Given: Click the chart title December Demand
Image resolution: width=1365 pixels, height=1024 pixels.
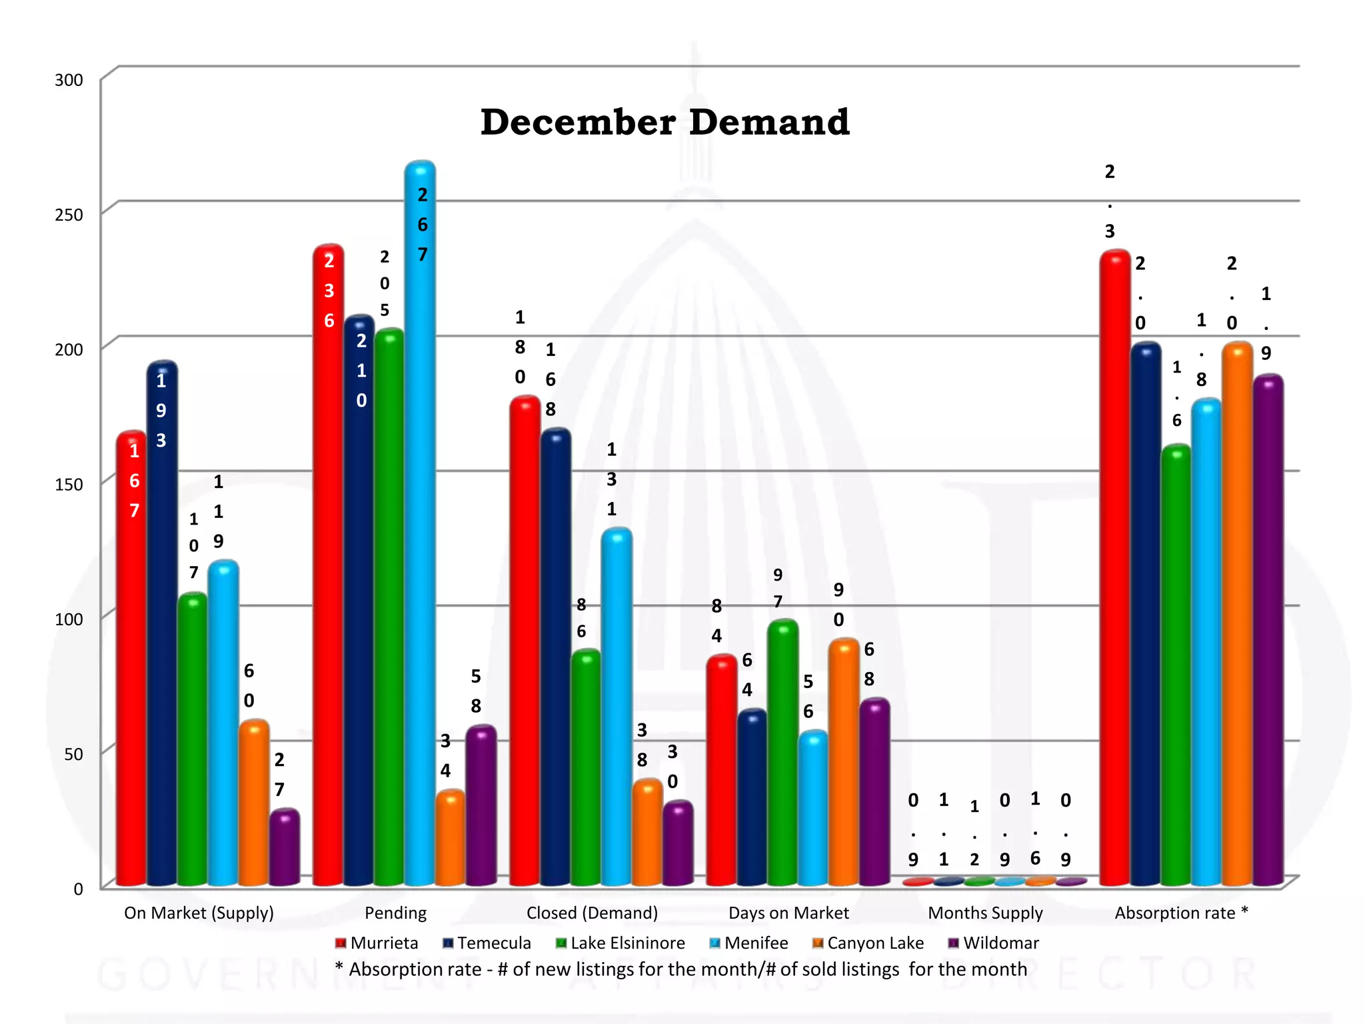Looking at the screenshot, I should pos(665,123).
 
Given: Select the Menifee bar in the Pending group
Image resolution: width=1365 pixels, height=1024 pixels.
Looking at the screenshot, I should pos(420,533).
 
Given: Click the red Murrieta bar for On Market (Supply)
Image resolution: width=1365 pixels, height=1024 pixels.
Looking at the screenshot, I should pos(131,667).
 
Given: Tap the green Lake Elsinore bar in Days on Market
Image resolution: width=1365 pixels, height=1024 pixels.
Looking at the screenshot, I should pos(782,753).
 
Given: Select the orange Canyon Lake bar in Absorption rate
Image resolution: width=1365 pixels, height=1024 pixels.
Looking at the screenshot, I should pos(1237,613).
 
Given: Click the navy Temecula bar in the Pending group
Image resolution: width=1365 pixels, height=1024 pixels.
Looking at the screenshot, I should pos(359,600).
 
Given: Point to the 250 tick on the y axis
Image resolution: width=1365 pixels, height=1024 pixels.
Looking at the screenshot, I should pos(69,215).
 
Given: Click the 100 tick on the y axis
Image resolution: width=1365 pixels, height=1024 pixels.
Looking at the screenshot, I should pos(69,619).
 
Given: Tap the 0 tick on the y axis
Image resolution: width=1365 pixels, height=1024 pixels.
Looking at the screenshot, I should pos(78,889).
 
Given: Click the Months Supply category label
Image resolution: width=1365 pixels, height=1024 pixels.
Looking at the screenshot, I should pos(985,913).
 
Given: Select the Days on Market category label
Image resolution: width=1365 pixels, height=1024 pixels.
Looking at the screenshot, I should pos(788,913).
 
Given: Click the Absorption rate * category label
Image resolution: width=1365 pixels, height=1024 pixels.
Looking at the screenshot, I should pos(1181,913).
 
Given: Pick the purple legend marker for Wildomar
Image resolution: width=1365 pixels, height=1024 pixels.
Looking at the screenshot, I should pos(953,943).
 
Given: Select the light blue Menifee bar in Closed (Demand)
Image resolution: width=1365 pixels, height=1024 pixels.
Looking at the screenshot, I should pos(617,707).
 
